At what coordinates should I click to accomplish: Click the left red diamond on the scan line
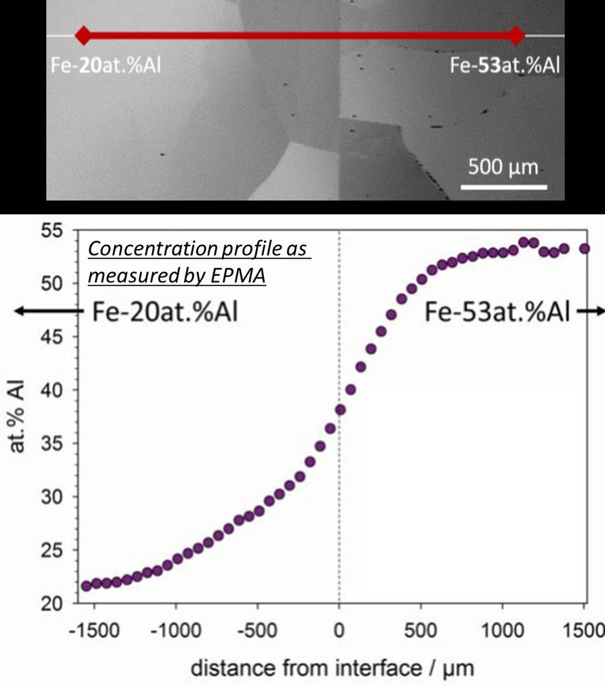(83, 35)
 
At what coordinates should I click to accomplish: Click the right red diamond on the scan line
(517, 35)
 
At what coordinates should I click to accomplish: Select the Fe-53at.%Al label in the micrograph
(505, 66)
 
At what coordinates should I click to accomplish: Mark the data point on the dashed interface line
(340, 409)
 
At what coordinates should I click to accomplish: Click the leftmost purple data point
(86, 586)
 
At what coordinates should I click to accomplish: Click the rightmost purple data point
(584, 249)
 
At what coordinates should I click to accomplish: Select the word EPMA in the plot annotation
(242, 276)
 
